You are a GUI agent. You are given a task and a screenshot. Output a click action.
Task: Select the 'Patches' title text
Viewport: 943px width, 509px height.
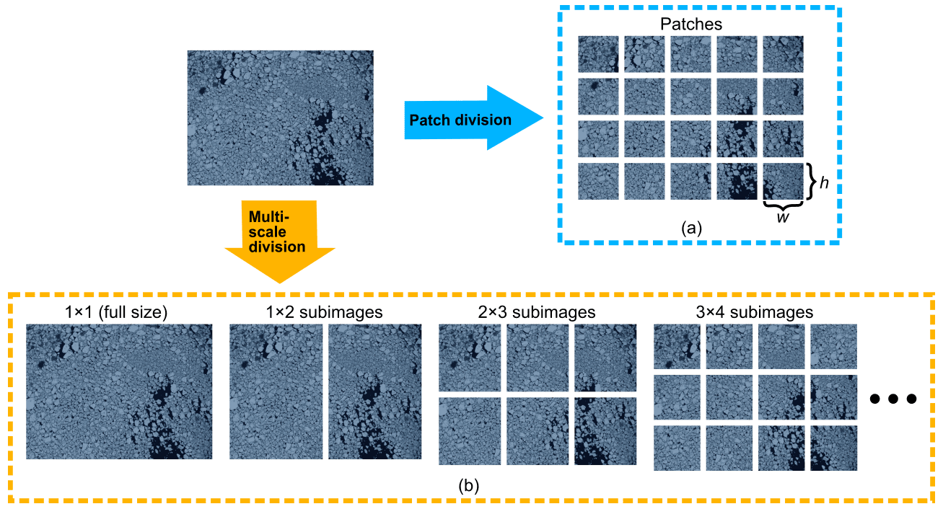coord(691,25)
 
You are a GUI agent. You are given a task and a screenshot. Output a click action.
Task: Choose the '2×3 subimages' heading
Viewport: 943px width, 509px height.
coord(538,312)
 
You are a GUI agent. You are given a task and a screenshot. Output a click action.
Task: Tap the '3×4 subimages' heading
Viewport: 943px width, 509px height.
coord(755,312)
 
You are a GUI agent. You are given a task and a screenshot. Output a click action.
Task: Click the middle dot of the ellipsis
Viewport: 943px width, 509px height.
coord(893,398)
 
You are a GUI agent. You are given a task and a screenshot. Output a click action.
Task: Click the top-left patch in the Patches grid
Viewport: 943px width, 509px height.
coord(599,54)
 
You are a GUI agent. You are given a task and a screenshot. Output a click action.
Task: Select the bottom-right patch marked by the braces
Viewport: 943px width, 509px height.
coord(783,181)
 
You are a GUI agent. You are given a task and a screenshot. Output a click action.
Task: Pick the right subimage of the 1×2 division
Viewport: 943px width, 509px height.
coord(374,391)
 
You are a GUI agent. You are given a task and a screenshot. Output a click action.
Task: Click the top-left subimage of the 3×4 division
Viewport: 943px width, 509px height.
coord(676,346)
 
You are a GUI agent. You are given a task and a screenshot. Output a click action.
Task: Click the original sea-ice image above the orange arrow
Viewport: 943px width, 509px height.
coord(280,118)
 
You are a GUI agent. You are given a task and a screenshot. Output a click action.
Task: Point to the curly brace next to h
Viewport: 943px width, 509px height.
coord(812,182)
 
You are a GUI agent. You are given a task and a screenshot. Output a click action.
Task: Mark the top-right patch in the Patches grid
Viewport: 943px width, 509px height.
coord(783,54)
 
